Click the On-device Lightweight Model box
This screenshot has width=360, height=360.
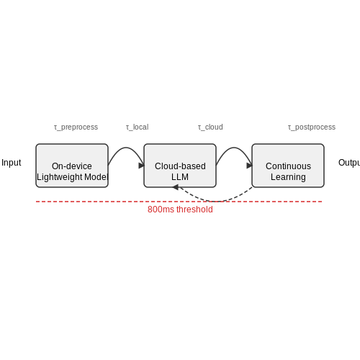(72, 166)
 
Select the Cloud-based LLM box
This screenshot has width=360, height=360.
(180, 166)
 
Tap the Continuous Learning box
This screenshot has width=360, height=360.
(288, 166)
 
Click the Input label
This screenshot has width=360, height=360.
(12, 163)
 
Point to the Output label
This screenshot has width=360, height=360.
(349, 163)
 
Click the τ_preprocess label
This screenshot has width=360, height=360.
(76, 127)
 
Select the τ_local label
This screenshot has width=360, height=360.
(138, 127)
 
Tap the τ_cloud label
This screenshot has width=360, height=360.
(210, 127)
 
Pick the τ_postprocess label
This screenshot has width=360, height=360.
(312, 127)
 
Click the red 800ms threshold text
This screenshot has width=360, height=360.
(180, 210)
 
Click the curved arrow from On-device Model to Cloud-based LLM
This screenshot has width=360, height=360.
(126, 148)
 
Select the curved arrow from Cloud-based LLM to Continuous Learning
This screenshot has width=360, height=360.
(234, 148)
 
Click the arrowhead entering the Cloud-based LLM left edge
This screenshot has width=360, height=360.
(142, 166)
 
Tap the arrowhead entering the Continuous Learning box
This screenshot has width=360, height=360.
(250, 166)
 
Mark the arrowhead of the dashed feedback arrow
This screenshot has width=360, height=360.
(176, 187)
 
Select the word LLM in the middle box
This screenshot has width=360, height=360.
(180, 177)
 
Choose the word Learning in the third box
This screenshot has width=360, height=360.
(288, 177)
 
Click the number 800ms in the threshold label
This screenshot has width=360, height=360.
(161, 210)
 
